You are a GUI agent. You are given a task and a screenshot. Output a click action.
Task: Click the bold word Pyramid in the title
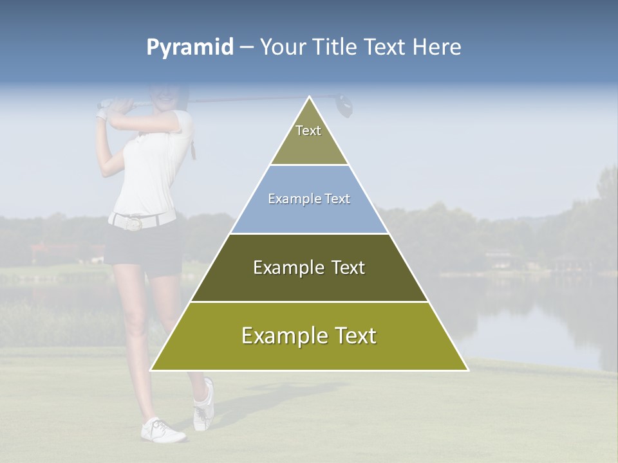tap(190, 48)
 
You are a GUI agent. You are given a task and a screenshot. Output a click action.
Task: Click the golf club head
tap(345, 105)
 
